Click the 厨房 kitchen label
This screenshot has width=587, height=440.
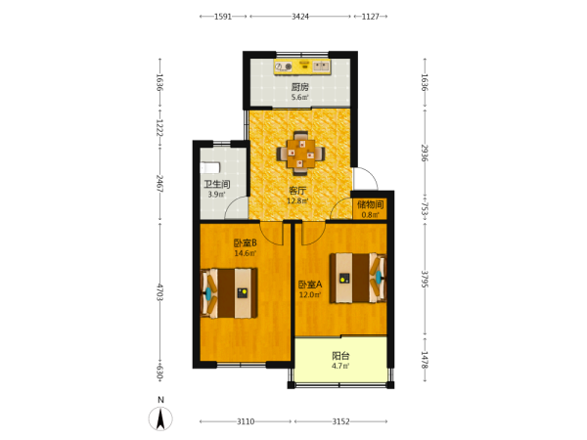[300, 87]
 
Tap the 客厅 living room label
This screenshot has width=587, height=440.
[297, 191]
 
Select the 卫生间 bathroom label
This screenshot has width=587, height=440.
[217, 184]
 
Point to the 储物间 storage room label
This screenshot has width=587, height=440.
[370, 204]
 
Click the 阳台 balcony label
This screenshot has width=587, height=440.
[340, 356]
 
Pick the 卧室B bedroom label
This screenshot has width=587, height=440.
[246, 243]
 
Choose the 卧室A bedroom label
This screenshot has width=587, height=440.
[310, 285]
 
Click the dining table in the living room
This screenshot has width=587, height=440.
[300, 154]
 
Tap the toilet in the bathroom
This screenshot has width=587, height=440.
[209, 167]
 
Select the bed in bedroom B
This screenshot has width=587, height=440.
[229, 293]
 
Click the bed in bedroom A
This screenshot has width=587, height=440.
[357, 278]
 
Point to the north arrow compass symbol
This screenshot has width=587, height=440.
[160, 418]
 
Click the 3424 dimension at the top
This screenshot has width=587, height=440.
[300, 17]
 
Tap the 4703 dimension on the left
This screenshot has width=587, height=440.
[159, 292]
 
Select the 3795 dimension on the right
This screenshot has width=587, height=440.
[425, 279]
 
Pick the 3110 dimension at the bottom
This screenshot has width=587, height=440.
[246, 421]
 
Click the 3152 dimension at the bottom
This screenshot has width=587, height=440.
[340, 421]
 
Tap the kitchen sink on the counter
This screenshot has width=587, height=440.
[321, 66]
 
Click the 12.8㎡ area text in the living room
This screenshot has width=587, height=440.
[297, 200]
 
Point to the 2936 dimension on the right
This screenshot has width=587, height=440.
[425, 153]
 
